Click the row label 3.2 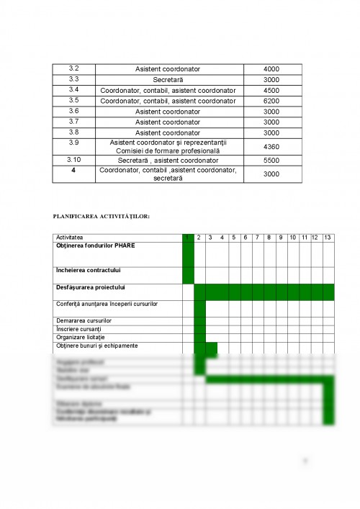[73, 68]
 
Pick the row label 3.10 [73, 159]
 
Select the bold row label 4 [73, 170]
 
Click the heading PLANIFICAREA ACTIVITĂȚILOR [101, 215]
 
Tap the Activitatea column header [70, 238]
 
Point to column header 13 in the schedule [328, 238]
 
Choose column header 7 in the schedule [258, 238]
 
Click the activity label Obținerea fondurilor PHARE [95, 246]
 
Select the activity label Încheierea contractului [88, 270]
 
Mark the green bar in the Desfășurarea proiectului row [264, 292]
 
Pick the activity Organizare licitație [80, 337]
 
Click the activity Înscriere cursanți [78, 328]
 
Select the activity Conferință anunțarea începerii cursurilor [107, 304]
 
